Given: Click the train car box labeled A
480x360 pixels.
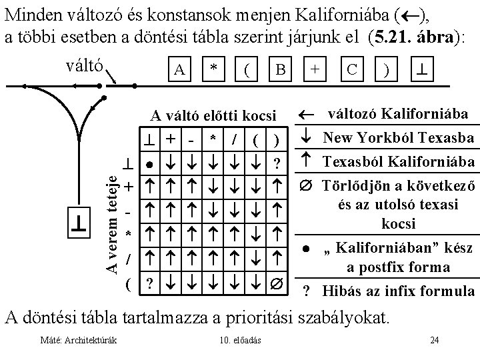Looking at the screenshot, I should tap(178, 69).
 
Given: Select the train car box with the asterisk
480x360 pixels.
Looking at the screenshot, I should tap(213, 69).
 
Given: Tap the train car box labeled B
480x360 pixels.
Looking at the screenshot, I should tap(281, 69).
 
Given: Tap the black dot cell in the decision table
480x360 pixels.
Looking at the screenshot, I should tap(151, 164).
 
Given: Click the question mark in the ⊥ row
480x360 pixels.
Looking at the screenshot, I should tap(276, 164).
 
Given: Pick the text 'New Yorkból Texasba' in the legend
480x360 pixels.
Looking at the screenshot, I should tap(399, 139).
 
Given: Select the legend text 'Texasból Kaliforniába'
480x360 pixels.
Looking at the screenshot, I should tap(399, 162).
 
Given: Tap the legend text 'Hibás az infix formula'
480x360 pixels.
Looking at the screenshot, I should tap(399, 291).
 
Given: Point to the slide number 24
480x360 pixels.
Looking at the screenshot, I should tap(435, 341).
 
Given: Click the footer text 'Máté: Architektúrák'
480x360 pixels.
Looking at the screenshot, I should tap(79, 341).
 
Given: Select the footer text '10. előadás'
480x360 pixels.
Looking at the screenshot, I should tap(240, 341).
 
